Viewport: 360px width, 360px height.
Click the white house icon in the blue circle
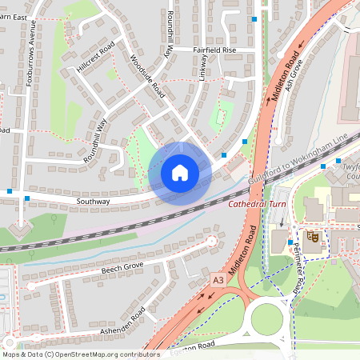pyautogui.click(x=180, y=173)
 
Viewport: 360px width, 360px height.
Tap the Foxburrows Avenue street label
pyautogui.click(x=31, y=60)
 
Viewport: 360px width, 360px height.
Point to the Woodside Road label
pyautogui.click(x=146, y=77)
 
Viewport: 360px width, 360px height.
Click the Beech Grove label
pyautogui.click(x=122, y=266)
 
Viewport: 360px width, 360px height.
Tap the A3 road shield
pyautogui.click(x=218, y=280)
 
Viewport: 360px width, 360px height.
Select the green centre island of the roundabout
pyautogui.click(x=268, y=319)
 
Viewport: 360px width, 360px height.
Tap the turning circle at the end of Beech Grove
pyautogui.click(x=211, y=240)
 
